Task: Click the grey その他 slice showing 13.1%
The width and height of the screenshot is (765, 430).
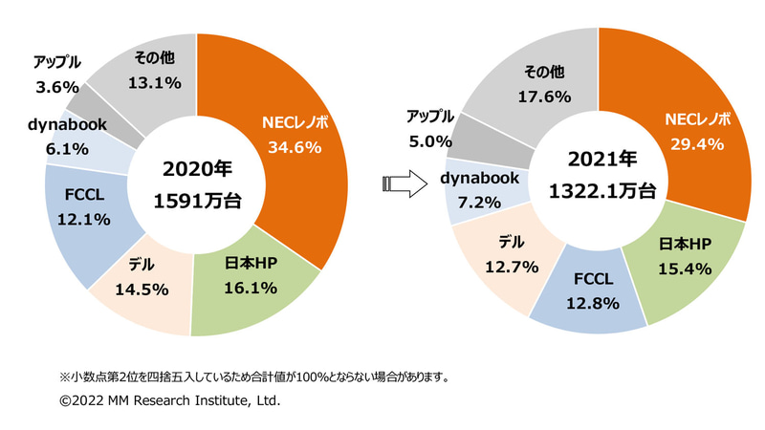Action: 153,72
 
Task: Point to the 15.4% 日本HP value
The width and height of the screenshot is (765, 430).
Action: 684,269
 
